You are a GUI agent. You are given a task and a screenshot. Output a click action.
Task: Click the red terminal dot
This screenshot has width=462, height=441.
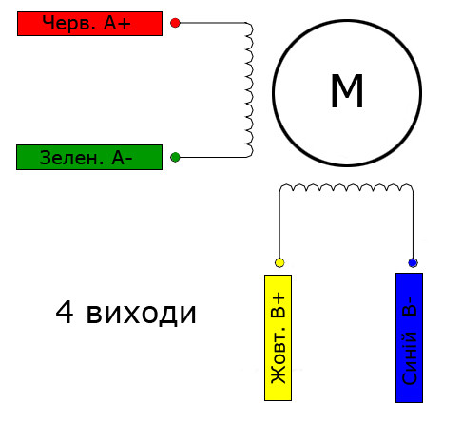[x=175, y=23]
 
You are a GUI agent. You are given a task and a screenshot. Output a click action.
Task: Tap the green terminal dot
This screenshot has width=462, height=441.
[x=175, y=157]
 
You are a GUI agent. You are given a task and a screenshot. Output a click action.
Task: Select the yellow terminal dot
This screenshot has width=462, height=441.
[x=279, y=262]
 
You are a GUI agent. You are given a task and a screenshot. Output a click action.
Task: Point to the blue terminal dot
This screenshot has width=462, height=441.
[x=413, y=262]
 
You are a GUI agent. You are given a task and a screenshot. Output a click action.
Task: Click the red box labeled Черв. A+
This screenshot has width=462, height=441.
[x=89, y=24]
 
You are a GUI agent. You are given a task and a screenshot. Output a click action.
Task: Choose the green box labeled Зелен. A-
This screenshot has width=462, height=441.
[x=89, y=158]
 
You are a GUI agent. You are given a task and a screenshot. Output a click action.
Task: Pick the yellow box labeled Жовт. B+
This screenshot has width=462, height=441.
[x=278, y=337]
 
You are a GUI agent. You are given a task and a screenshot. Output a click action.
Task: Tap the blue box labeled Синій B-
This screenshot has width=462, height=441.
[x=409, y=337]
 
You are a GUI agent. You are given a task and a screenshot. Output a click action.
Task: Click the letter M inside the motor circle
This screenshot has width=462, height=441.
[x=347, y=91]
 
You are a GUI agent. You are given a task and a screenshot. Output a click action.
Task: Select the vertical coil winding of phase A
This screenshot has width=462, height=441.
[x=250, y=90]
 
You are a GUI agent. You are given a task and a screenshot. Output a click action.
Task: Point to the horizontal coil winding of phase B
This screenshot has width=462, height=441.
[x=346, y=187]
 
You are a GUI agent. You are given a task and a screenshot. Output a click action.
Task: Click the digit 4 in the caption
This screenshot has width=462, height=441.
[x=65, y=313]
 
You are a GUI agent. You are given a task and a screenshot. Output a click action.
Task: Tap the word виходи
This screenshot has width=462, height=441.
[x=142, y=315]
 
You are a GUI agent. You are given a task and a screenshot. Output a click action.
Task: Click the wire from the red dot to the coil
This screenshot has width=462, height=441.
[x=212, y=23]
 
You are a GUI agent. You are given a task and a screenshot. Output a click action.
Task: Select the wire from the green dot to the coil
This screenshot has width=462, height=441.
[x=212, y=157]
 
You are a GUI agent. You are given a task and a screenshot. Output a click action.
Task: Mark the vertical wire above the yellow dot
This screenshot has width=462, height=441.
[x=279, y=225]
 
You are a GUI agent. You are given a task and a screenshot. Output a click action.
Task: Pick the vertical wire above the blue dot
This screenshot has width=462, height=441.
[x=413, y=225]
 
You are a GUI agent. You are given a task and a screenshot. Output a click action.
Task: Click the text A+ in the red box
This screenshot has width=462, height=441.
[x=117, y=23]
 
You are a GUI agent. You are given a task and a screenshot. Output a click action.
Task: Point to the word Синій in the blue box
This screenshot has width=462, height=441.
[x=409, y=357]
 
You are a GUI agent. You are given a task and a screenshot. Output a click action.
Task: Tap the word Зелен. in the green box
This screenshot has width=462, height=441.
[x=71, y=158]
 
